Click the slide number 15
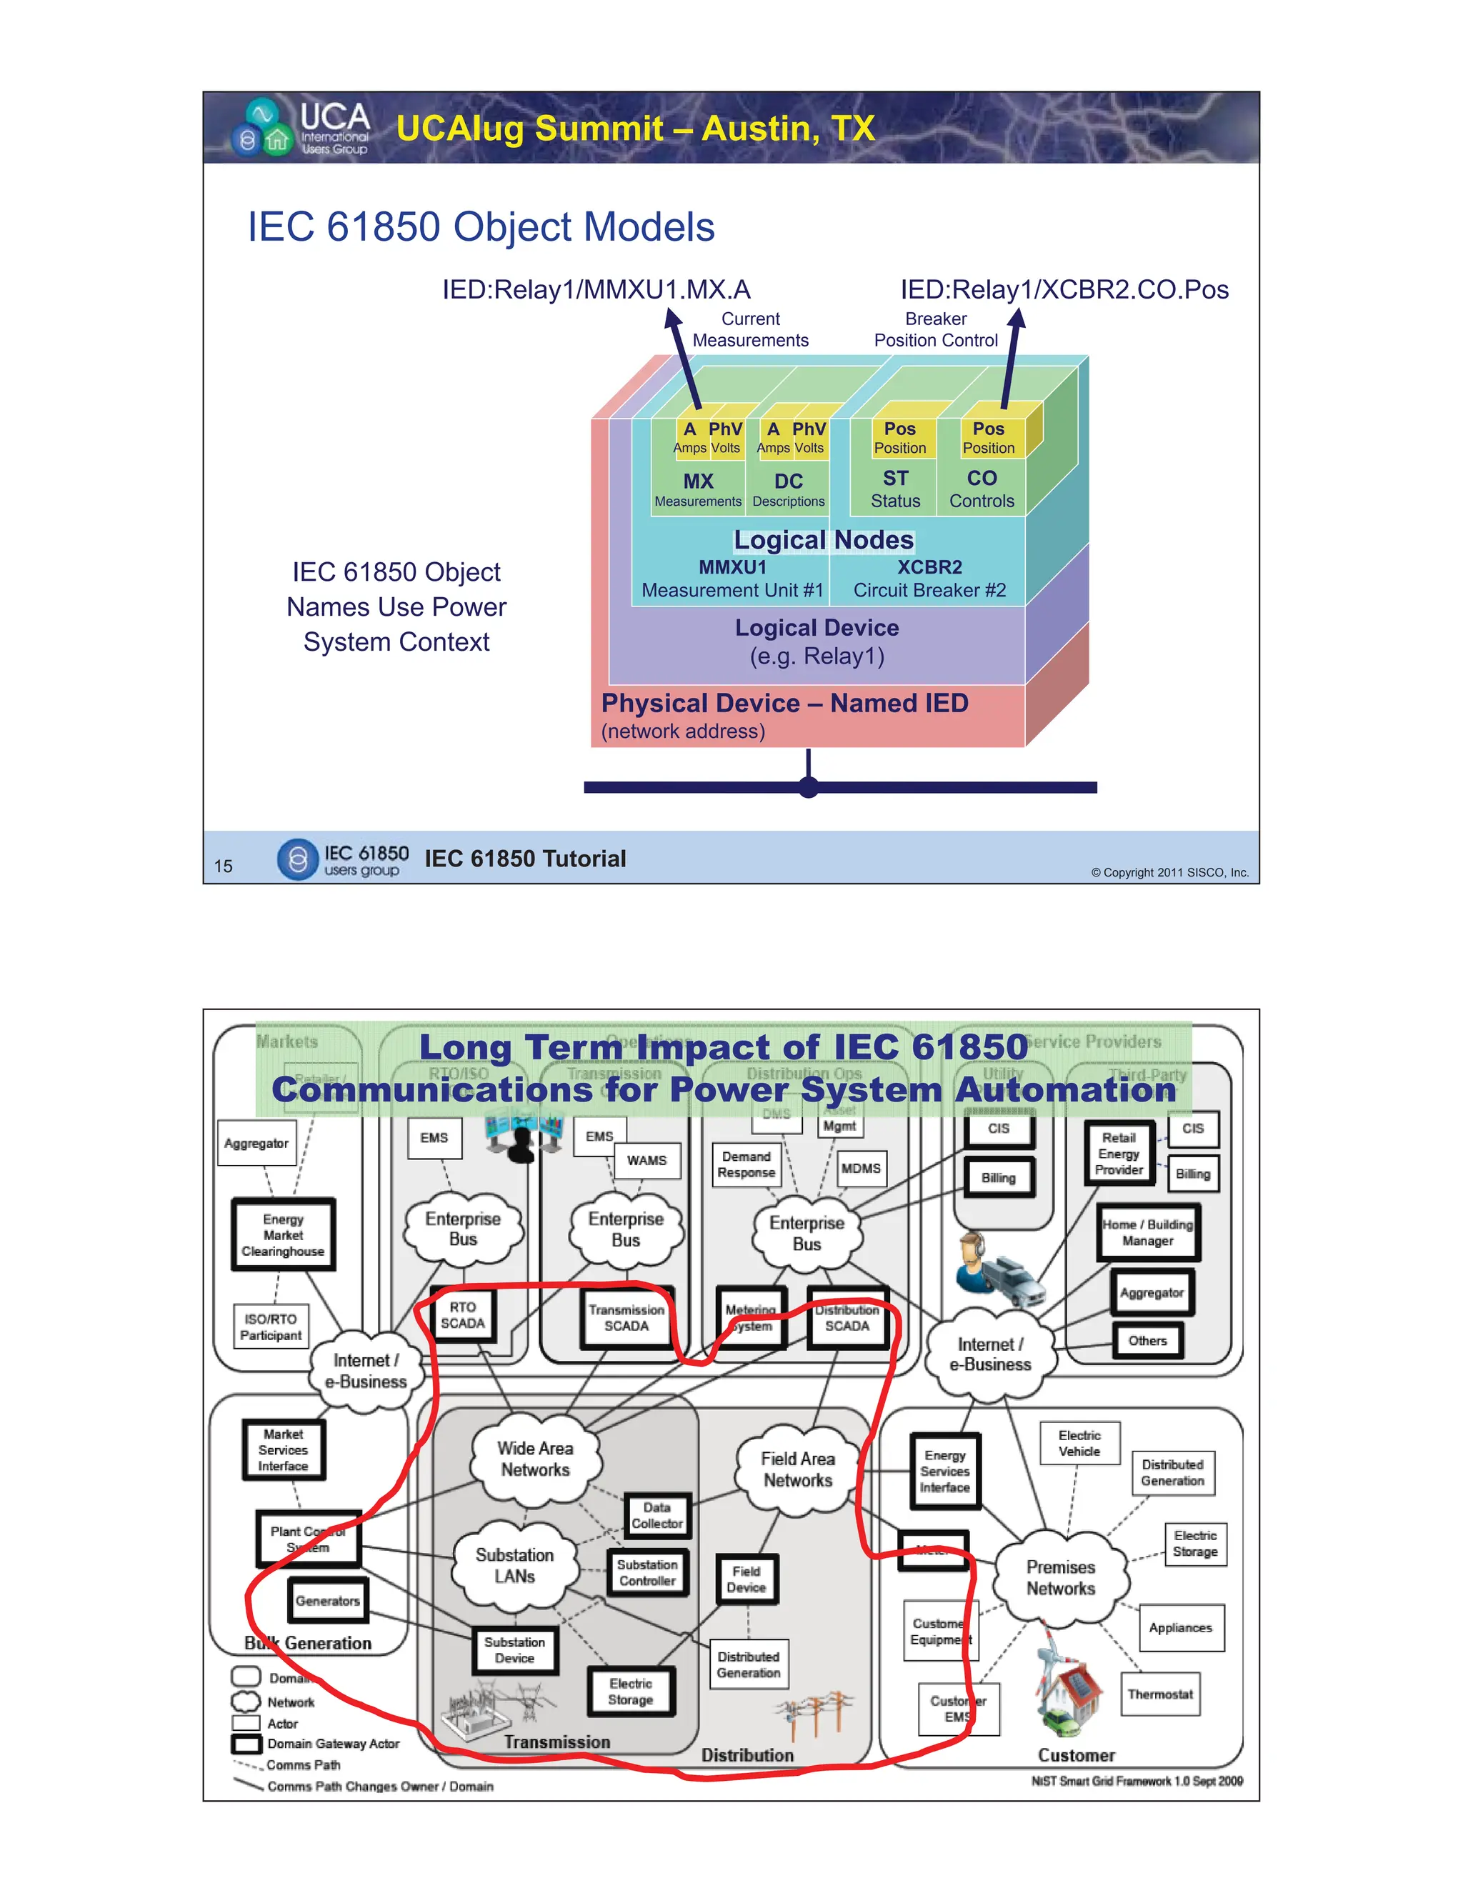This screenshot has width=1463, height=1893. pyautogui.click(x=223, y=866)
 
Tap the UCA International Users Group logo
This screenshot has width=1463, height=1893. pyautogui.click(x=300, y=127)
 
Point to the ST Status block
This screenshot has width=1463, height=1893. pyautogui.click(x=895, y=489)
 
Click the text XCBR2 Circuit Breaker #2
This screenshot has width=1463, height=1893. pyautogui.click(x=929, y=578)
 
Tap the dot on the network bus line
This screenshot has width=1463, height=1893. pyautogui.click(x=808, y=787)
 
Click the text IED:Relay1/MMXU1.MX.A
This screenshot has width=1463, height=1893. pyautogui.click(x=596, y=289)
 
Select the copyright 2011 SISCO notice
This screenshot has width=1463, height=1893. pyautogui.click(x=1169, y=872)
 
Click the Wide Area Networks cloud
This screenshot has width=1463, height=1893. pyautogui.click(x=535, y=1459)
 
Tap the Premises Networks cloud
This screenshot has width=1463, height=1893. pyautogui.click(x=1060, y=1577)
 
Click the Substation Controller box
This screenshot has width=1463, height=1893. pyautogui.click(x=647, y=1572)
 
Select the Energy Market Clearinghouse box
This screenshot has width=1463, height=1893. pyautogui.click(x=283, y=1235)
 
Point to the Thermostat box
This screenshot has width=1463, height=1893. pyautogui.click(x=1159, y=1694)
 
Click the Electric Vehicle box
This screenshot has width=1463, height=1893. pyautogui.click(x=1079, y=1443)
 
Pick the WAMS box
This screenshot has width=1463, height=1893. pyautogui.click(x=646, y=1159)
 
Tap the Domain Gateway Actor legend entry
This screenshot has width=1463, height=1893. pyautogui.click(x=333, y=1743)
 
